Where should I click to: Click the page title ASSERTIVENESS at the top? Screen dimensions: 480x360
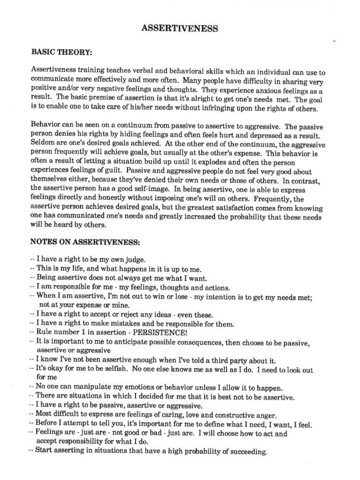pyautogui.click(x=180, y=29)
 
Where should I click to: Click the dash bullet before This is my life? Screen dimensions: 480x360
pyautogui.click(x=31, y=269)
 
